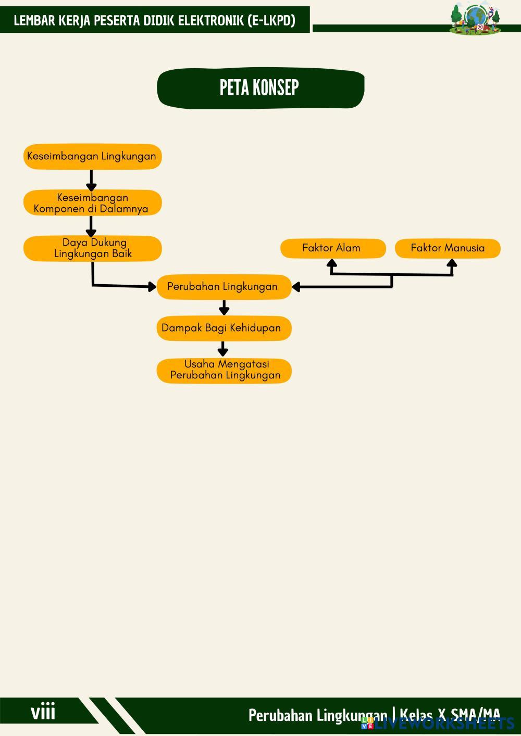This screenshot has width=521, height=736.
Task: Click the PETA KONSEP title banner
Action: pos(260,88)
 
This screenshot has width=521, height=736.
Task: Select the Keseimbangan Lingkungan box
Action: pos(92,156)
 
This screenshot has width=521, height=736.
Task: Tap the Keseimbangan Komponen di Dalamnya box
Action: pos(92,203)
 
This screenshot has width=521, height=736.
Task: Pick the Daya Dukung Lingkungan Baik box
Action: pos(92,248)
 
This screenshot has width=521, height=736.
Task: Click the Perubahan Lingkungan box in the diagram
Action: pos(224,287)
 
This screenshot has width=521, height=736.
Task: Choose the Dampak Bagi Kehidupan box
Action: pos(224,328)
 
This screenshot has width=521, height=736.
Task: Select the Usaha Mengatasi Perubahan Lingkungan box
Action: pos(224,371)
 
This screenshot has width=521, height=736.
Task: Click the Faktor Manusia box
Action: pos(448,248)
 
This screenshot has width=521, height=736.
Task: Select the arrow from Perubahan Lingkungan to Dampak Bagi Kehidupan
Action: pos(224,308)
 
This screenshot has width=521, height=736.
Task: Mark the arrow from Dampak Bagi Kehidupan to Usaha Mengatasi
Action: pos(223,349)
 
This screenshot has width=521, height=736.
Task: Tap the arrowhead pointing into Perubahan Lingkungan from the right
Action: pos(296,287)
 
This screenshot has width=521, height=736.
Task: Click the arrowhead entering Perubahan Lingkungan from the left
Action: pos(152,286)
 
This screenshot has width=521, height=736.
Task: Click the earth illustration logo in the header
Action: pos(475,20)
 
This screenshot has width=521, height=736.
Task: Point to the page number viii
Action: pos(43,712)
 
